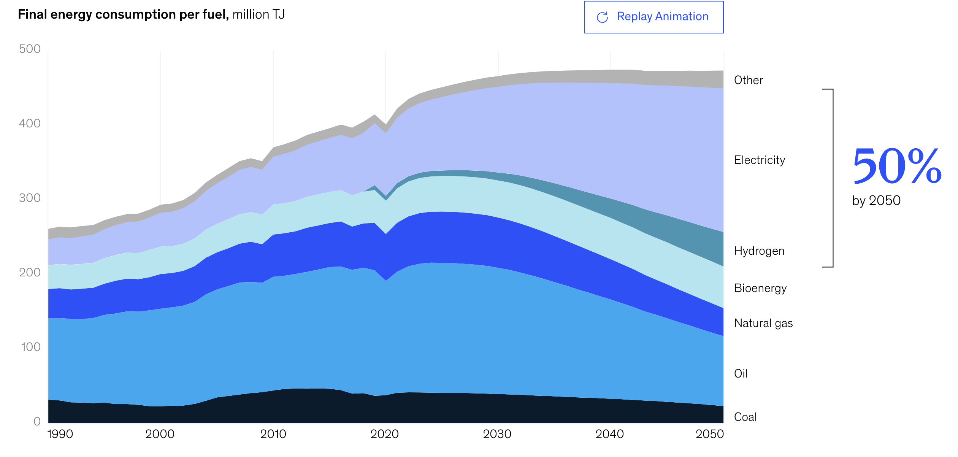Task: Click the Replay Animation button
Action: [653, 17]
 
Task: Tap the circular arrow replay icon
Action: [602, 17]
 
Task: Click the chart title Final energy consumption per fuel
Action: [123, 14]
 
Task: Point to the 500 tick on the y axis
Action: [30, 49]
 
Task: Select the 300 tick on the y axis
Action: [30, 198]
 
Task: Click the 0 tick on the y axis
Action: [37, 421]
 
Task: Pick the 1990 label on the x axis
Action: [60, 434]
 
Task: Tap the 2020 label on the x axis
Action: [384, 434]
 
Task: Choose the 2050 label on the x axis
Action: [709, 434]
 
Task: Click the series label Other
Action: [748, 80]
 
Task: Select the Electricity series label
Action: [759, 160]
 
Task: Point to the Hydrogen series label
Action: [759, 251]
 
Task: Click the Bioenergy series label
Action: [760, 288]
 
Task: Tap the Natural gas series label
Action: [763, 323]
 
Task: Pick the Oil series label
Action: [741, 374]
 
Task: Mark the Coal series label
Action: [745, 417]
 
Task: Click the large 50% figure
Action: [897, 166]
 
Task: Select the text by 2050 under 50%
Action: [876, 200]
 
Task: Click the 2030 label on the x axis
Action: [497, 434]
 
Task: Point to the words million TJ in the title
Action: [259, 14]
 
